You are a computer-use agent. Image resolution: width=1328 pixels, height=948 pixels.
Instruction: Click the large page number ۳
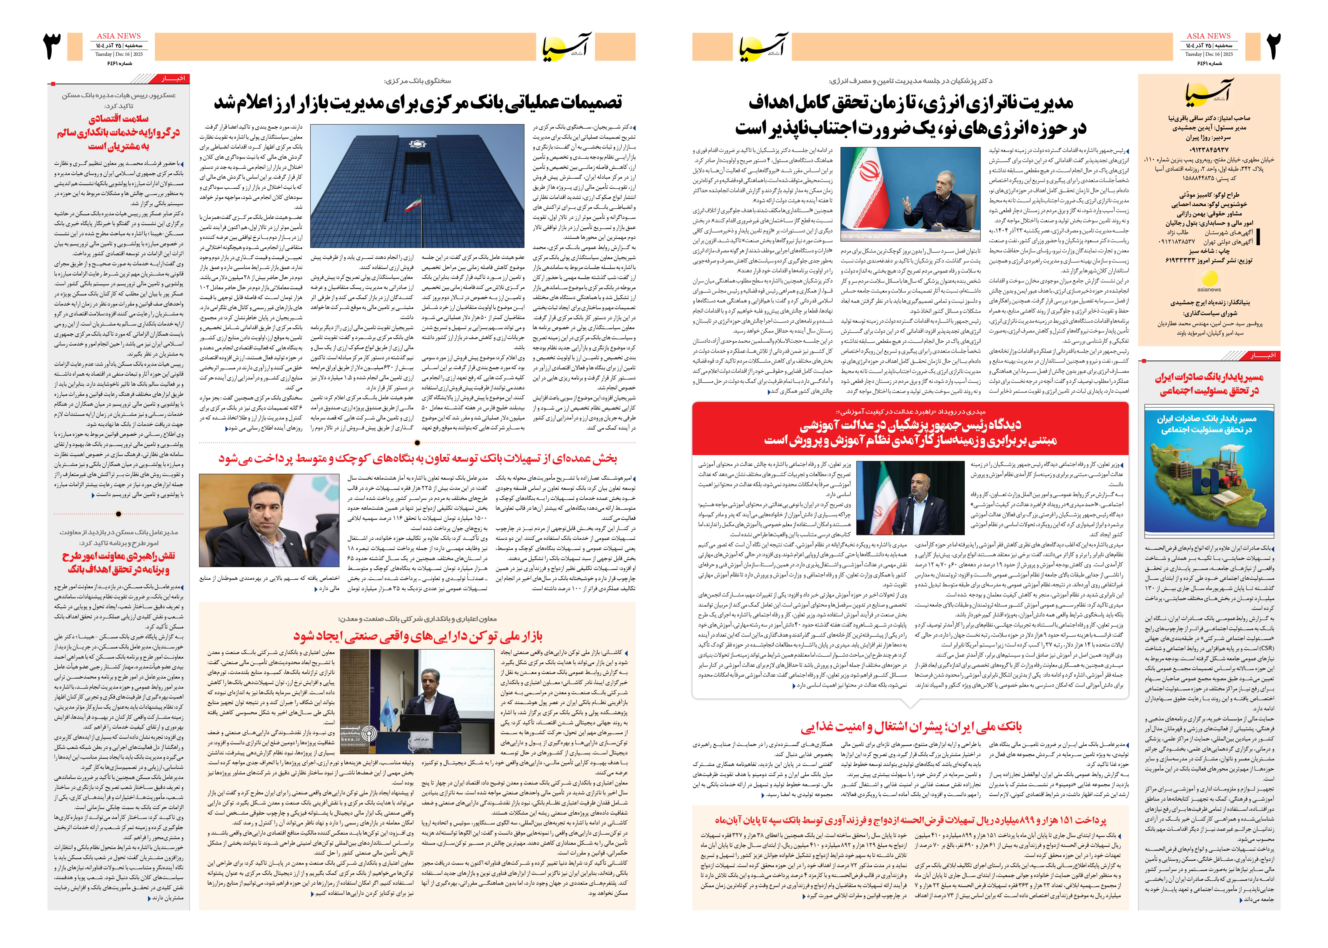click(53, 47)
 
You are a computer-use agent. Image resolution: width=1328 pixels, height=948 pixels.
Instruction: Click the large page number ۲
click(1273, 47)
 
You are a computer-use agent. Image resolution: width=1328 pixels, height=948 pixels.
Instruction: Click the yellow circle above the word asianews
click(1209, 278)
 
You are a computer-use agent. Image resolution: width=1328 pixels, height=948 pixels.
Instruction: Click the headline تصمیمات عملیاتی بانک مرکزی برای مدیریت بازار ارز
click(418, 103)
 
